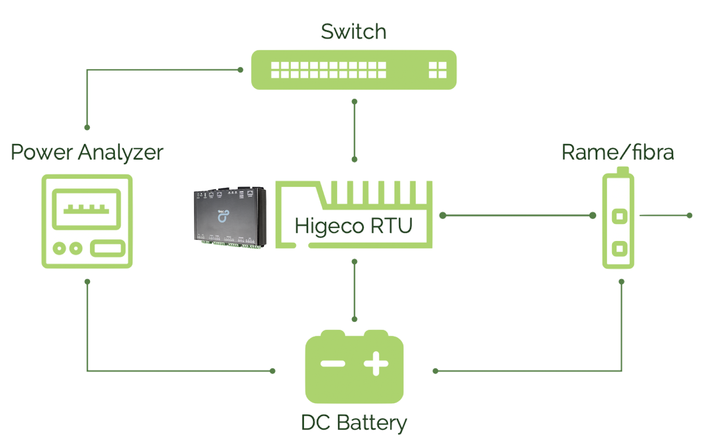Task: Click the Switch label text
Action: (x=353, y=32)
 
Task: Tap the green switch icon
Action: (x=354, y=70)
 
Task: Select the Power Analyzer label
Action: (x=87, y=152)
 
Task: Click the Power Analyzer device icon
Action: (x=87, y=221)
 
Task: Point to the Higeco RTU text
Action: (x=354, y=226)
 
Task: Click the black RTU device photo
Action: (x=231, y=217)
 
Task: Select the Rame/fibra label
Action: (x=618, y=152)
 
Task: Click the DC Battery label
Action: (x=354, y=423)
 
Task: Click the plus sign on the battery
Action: (x=376, y=363)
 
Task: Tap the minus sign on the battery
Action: (x=332, y=363)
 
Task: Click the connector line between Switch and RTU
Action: (x=355, y=130)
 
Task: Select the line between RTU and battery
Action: (x=355, y=290)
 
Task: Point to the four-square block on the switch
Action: (x=438, y=70)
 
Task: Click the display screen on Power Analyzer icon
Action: (x=87, y=209)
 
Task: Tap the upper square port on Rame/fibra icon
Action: (x=619, y=216)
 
